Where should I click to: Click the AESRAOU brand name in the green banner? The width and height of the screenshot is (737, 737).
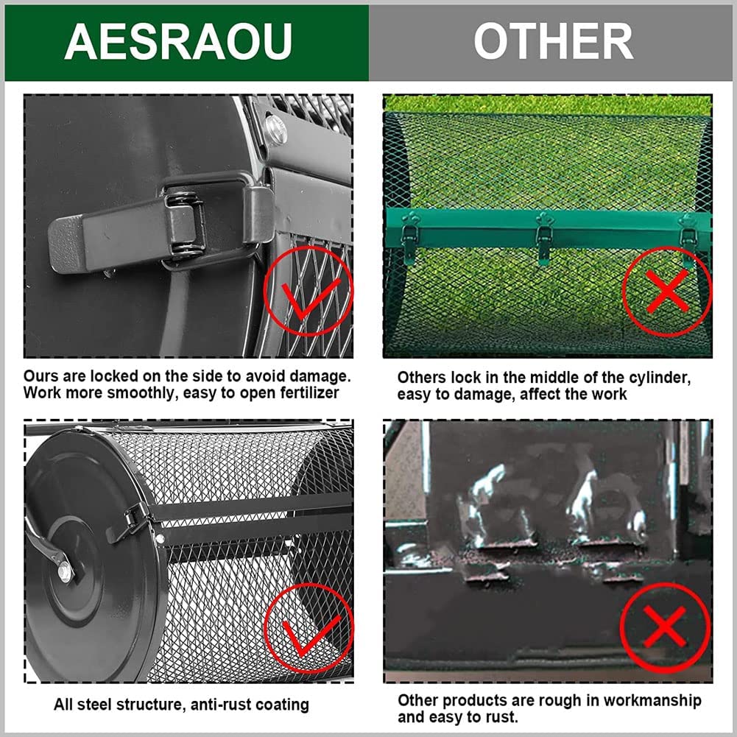[x=178, y=41]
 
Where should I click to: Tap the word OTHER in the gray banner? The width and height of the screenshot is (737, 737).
[x=553, y=41]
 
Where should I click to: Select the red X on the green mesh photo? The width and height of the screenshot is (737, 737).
[x=668, y=292]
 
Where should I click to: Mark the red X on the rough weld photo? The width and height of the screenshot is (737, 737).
[x=665, y=627]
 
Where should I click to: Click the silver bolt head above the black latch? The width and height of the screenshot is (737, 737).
[x=276, y=129]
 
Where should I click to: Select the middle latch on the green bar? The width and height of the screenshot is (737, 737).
[x=544, y=237]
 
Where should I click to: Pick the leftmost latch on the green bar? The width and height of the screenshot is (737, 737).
[x=409, y=237]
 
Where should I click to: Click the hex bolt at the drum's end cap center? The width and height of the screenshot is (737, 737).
[x=66, y=572]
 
